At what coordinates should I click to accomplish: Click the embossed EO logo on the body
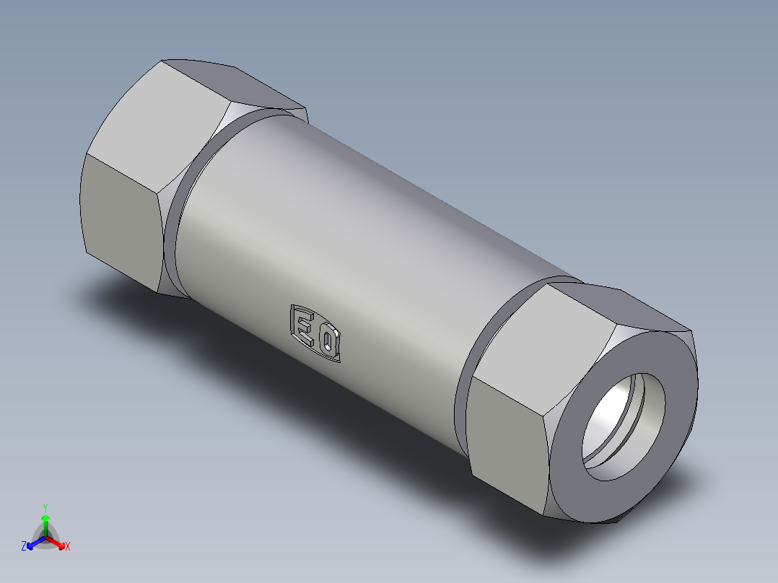coord(315,333)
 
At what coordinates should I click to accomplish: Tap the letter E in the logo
coord(305,325)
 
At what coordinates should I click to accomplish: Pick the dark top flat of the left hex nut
coord(238,83)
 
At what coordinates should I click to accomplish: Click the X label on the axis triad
coord(68,547)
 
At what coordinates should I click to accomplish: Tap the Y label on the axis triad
coord(45,507)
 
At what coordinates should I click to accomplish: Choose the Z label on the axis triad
coord(24,547)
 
